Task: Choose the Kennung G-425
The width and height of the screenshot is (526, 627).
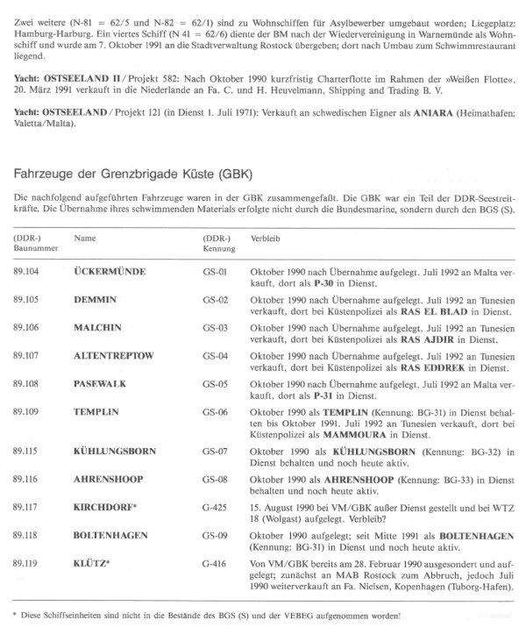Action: point(215,506)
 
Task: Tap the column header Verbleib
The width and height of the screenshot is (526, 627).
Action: point(266,238)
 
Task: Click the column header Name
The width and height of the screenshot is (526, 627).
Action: point(85,238)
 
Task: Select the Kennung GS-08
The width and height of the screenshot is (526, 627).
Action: point(215,480)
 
